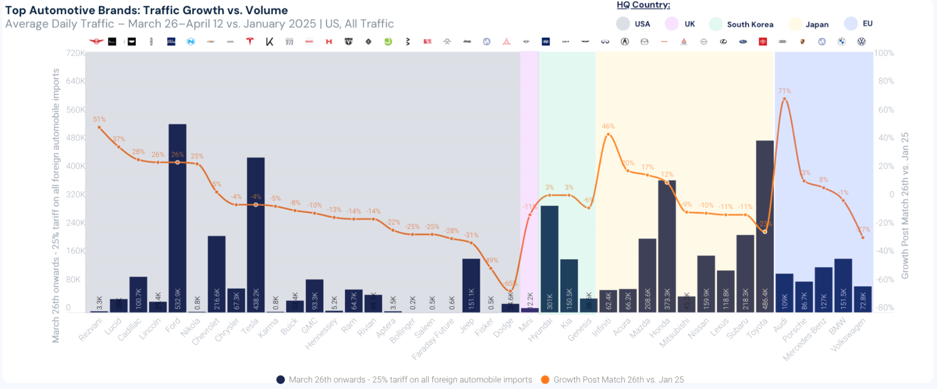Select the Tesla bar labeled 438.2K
point(255,234)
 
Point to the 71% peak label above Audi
point(784,91)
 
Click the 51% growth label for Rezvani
point(99,120)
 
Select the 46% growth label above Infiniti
point(608,126)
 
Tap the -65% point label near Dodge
point(510,284)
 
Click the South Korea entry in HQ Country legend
point(750,24)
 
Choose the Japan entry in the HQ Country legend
point(817,24)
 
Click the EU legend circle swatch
point(850,23)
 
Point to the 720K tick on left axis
point(75,53)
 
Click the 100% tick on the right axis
point(884,53)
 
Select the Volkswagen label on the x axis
point(848,335)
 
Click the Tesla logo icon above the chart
point(250,42)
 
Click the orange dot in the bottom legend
point(545,380)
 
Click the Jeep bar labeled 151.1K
point(471,285)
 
